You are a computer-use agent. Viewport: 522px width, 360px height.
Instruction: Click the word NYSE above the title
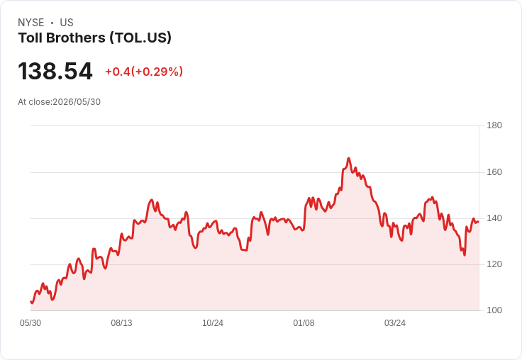click(31, 23)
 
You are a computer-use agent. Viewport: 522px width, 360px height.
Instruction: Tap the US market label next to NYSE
click(67, 23)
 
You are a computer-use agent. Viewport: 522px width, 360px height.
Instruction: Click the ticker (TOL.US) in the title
click(140, 38)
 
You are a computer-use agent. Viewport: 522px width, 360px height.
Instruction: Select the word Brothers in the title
click(76, 38)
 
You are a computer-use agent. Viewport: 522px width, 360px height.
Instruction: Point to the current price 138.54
click(55, 71)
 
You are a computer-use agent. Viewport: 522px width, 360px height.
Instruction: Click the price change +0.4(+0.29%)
click(144, 72)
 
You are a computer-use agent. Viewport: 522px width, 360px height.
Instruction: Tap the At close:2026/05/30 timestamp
click(60, 102)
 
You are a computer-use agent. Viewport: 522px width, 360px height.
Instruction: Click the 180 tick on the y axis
click(494, 125)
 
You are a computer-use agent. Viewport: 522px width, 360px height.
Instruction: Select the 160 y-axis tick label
click(494, 172)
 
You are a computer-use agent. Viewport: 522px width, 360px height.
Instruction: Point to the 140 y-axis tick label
click(494, 218)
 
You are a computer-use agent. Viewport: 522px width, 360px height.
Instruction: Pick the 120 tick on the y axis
click(494, 264)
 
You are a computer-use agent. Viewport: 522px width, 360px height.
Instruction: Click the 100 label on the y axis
click(494, 310)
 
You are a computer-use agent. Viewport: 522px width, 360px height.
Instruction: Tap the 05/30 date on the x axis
click(30, 323)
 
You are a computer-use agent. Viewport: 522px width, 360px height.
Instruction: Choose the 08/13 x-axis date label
click(121, 323)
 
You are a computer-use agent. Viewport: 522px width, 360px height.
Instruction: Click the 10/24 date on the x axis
click(213, 323)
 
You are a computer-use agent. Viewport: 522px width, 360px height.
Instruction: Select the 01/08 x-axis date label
click(304, 323)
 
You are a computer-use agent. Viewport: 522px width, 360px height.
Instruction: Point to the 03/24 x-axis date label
click(395, 323)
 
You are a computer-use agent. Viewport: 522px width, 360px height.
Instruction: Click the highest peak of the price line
click(348, 158)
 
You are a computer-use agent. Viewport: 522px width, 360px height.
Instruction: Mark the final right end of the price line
click(479, 222)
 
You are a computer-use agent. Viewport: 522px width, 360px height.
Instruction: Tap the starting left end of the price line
click(31, 302)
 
